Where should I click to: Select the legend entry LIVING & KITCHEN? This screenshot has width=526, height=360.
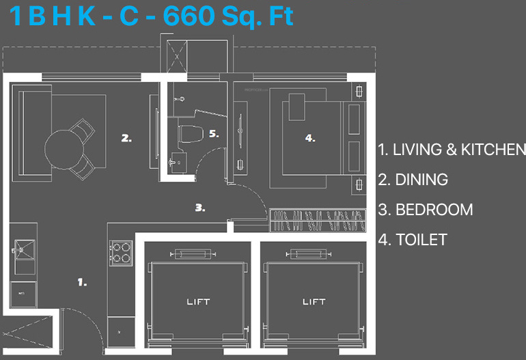coord(452,150)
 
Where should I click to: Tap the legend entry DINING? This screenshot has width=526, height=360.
coord(413,180)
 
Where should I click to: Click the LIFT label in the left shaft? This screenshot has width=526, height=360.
coord(198,301)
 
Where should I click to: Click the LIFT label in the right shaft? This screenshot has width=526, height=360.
coord(314,301)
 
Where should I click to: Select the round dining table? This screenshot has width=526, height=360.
coord(66,146)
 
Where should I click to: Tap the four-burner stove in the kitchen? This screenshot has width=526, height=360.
coord(121,252)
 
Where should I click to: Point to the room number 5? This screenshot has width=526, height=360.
coord(214,135)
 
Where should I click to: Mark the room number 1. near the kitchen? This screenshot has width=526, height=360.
coord(82,281)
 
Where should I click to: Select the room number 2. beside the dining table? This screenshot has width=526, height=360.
coord(126,138)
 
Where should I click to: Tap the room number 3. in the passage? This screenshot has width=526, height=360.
coord(200,208)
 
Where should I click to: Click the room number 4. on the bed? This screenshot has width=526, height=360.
coord(310,138)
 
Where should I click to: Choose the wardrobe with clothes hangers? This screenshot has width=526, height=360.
coord(317,221)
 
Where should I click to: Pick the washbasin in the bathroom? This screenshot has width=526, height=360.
coord(178,163)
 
